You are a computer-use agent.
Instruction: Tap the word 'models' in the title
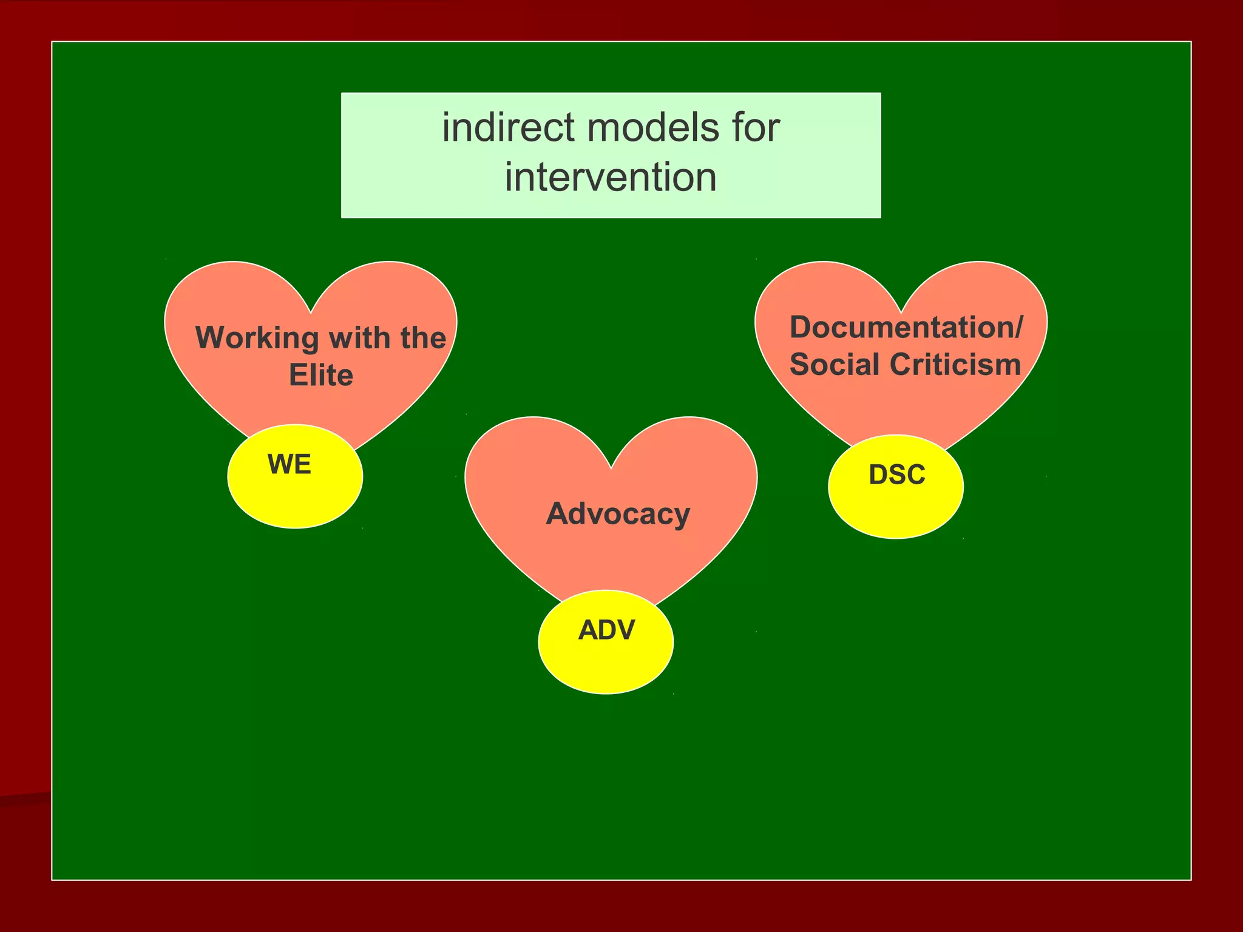pos(652,128)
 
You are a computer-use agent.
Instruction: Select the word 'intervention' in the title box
pos(611,178)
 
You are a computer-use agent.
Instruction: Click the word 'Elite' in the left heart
pos(320,375)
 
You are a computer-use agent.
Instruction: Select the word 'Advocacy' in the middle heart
pos(618,514)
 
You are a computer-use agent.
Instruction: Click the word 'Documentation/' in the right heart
pos(906,328)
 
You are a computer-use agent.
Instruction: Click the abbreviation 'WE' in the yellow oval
pos(290,465)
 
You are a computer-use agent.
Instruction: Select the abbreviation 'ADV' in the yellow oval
pos(606,630)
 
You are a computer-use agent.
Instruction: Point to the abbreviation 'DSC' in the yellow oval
pos(897,474)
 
